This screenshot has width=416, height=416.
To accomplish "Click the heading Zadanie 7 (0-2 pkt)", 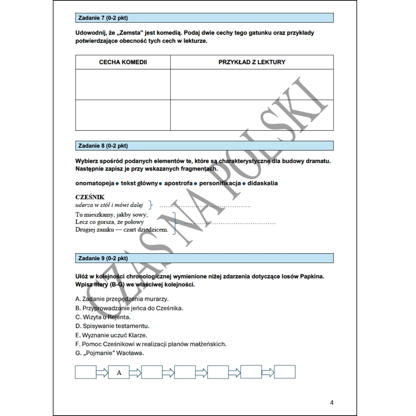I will pyautogui.click(x=103, y=18).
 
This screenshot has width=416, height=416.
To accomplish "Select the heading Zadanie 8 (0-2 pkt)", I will pyautogui.click(x=103, y=146).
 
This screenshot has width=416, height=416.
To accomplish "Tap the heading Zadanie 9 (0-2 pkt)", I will pyautogui.click(x=103, y=258).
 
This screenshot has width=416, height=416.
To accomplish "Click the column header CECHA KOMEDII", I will pyautogui.click(x=123, y=62).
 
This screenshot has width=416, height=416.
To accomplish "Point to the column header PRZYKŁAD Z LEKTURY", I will pyautogui.click(x=252, y=62).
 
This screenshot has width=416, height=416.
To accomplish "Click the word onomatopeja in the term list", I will pyautogui.click(x=95, y=183).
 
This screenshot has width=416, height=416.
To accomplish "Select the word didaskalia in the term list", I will pyautogui.click(x=262, y=183).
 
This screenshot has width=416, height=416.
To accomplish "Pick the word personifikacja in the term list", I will pyautogui.click(x=220, y=183).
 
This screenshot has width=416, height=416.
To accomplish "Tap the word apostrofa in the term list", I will pyautogui.click(x=178, y=183).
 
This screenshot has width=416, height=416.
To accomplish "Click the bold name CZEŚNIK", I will pyautogui.click(x=90, y=197).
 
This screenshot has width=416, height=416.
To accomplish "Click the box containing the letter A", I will pyautogui.click(x=119, y=372).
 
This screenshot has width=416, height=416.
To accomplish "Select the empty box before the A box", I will pyautogui.click(x=86, y=372).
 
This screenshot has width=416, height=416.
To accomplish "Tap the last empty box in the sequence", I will pyautogui.click(x=285, y=372).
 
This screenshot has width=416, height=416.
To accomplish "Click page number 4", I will pyautogui.click(x=332, y=402).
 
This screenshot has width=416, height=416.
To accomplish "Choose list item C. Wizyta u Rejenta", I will pyautogui.click(x=103, y=317).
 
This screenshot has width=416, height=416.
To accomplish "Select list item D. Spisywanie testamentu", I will pyautogui.click(x=112, y=326).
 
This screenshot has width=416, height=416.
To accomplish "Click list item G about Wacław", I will pyautogui.click(x=110, y=353).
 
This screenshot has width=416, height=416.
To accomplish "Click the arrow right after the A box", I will pyautogui.click(x=135, y=372).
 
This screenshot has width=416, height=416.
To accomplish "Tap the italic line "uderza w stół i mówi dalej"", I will pyautogui.click(x=109, y=205).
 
